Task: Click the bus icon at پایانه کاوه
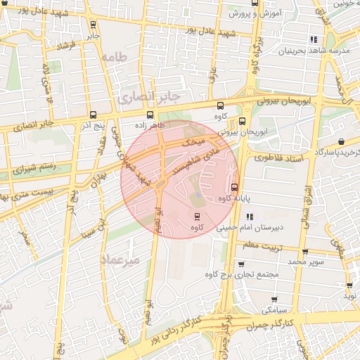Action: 234,187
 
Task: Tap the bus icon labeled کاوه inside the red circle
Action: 196,217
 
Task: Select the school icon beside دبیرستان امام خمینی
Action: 249,217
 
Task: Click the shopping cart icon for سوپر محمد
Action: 304,251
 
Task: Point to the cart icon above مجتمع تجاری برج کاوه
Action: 242,264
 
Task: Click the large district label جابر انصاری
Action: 150,94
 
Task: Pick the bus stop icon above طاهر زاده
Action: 149,115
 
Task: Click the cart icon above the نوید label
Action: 349,285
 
